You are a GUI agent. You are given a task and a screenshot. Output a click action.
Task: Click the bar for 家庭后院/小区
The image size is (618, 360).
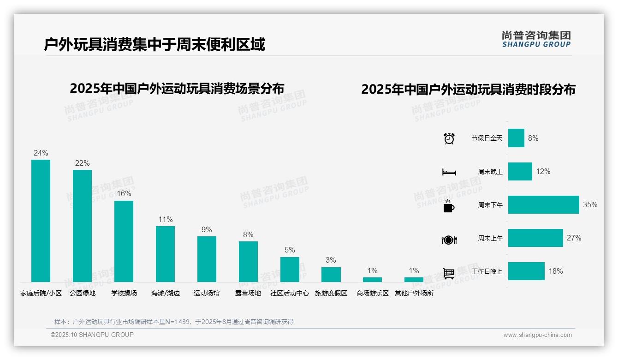coord(41,221)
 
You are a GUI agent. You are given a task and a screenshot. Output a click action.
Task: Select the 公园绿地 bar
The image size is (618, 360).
coord(82,226)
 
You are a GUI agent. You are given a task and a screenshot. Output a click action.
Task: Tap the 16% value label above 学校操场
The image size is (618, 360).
coord(124,194)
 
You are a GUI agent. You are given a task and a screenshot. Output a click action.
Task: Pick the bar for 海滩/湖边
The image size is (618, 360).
coord(165,254)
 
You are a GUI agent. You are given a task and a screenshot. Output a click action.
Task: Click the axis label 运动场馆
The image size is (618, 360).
coord(207,293)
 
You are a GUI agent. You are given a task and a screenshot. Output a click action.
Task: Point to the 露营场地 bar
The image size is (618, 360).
coord(248,261)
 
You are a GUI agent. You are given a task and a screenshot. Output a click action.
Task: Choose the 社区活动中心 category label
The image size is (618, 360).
coord(290,293)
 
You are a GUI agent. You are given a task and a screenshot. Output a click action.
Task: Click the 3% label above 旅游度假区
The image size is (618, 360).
coord(331,260)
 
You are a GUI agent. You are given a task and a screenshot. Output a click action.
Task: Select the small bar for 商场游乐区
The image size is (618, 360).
coord(372,279)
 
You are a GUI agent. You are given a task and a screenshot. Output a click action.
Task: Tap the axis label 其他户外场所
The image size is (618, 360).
coord(414,293)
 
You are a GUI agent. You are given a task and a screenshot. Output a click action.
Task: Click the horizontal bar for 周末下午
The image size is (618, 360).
coord(543,204)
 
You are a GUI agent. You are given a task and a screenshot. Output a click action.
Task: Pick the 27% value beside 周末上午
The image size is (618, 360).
coord(574,238)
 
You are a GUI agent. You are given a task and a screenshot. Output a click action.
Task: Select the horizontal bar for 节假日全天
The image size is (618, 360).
coord(516,138)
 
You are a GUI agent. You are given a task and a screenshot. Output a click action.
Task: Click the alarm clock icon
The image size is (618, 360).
coord(449,138)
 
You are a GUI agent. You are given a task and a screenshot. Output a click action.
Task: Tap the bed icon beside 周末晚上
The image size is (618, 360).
coord(449,172)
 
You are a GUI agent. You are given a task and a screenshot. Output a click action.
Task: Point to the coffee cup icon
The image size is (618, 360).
coord(449,206)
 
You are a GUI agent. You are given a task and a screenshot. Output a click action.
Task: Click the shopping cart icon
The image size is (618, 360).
coord(449,273)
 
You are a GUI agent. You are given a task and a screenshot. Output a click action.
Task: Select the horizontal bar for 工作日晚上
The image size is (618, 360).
coord(526,271)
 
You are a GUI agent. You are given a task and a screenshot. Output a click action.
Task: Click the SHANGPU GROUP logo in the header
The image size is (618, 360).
coord(536,39)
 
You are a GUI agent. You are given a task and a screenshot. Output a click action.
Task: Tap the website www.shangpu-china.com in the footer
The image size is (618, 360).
coord(537,335)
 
